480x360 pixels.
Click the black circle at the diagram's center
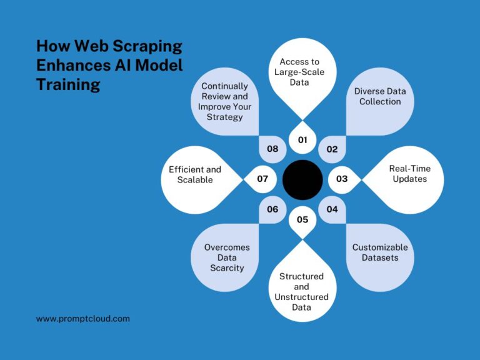[x=302, y=179]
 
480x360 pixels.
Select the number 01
[x=302, y=139]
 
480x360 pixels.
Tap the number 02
[x=332, y=149]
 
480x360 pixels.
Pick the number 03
[x=342, y=179]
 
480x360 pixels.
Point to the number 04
[x=332, y=209]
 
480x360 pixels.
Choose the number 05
[x=302, y=219]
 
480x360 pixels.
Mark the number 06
[x=272, y=209]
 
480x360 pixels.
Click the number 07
[x=262, y=179]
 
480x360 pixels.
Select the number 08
[x=272, y=149]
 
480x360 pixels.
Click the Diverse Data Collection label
[x=380, y=96]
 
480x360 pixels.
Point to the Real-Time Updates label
[x=409, y=174]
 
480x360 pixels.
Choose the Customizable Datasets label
[x=380, y=252]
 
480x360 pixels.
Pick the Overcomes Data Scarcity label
[x=227, y=257]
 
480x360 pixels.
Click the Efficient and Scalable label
[x=194, y=174]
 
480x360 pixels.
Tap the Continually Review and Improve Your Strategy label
[x=224, y=101]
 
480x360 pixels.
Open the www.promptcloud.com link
[x=82, y=318]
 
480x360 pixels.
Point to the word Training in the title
[x=68, y=84]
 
